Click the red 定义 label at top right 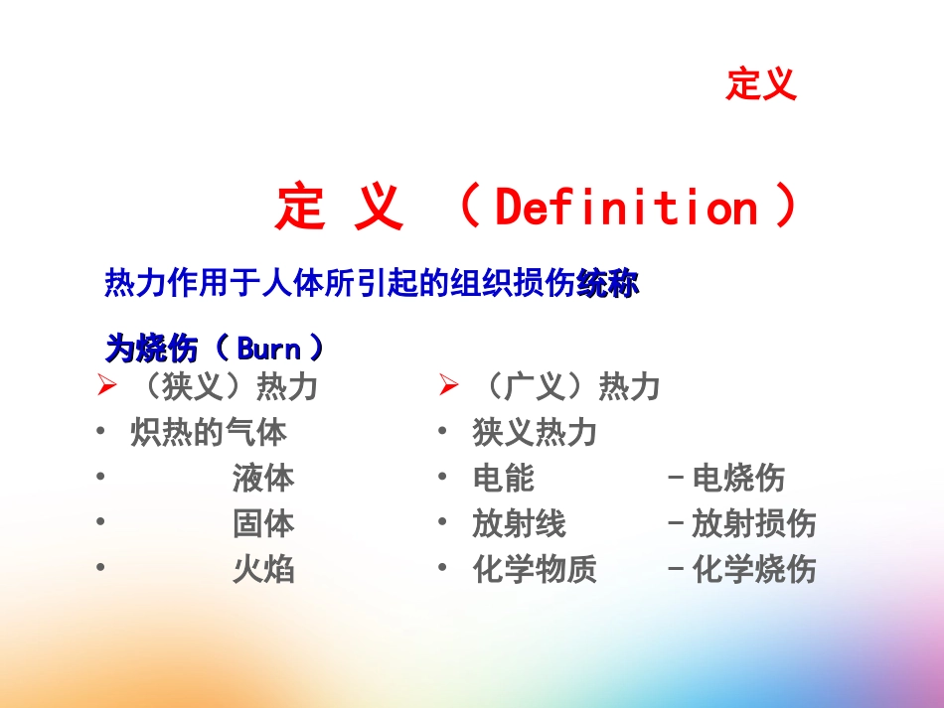[x=761, y=84]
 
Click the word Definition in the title [x=626, y=208]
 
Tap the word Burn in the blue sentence [x=268, y=348]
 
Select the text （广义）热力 [x=565, y=386]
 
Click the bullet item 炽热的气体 [x=209, y=433]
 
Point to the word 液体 [x=263, y=479]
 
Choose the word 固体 [x=263, y=523]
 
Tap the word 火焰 [x=263, y=569]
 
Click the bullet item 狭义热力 [x=535, y=433]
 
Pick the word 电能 [x=504, y=479]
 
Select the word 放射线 [x=519, y=523]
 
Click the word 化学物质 [x=535, y=569]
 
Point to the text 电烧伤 [x=738, y=479]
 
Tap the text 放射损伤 [x=753, y=523]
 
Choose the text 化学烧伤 [x=753, y=569]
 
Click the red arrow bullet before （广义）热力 [x=449, y=385]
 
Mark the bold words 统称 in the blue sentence [x=608, y=285]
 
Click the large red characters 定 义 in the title [x=340, y=208]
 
